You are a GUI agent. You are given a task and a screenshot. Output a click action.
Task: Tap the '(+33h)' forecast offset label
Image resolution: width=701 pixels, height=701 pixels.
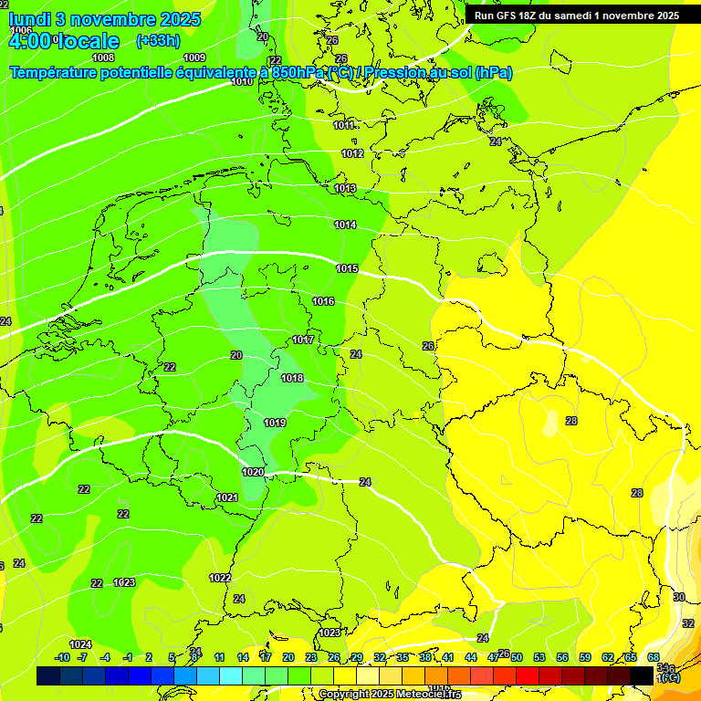158,40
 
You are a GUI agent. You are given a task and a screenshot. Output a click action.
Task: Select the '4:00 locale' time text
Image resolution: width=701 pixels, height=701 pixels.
64,41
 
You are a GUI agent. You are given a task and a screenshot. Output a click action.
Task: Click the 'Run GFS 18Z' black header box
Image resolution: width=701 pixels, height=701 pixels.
576,16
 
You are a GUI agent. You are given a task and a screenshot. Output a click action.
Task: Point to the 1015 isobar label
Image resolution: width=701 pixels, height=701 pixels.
347,268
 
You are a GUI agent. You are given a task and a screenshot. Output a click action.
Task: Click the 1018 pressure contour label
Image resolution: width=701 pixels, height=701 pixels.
292,378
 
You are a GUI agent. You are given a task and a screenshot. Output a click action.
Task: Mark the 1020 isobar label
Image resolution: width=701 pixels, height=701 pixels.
253,472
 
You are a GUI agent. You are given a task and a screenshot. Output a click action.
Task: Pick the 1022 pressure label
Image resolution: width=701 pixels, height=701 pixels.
220,578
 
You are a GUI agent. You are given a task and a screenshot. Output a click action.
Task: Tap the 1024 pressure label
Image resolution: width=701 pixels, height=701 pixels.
80,644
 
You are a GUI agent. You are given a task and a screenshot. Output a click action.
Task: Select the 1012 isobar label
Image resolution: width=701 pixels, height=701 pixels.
353,153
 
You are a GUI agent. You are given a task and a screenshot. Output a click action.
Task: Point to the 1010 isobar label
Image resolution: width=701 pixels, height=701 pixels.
242,82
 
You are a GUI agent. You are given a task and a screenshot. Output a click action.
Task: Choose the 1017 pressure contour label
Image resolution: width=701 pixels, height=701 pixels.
303,340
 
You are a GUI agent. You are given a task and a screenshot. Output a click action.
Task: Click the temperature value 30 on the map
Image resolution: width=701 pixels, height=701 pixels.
678,597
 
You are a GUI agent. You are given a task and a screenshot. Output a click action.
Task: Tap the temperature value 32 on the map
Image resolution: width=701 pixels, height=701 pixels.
688,623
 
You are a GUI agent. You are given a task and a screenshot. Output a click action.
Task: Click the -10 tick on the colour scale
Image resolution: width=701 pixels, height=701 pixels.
62,657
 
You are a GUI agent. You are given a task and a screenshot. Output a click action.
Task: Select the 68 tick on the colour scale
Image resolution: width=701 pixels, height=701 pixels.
654,657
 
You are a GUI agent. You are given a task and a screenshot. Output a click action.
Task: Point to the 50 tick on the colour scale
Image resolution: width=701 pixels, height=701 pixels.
517,657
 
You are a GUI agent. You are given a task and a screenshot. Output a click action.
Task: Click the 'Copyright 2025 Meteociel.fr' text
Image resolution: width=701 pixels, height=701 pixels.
390,695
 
